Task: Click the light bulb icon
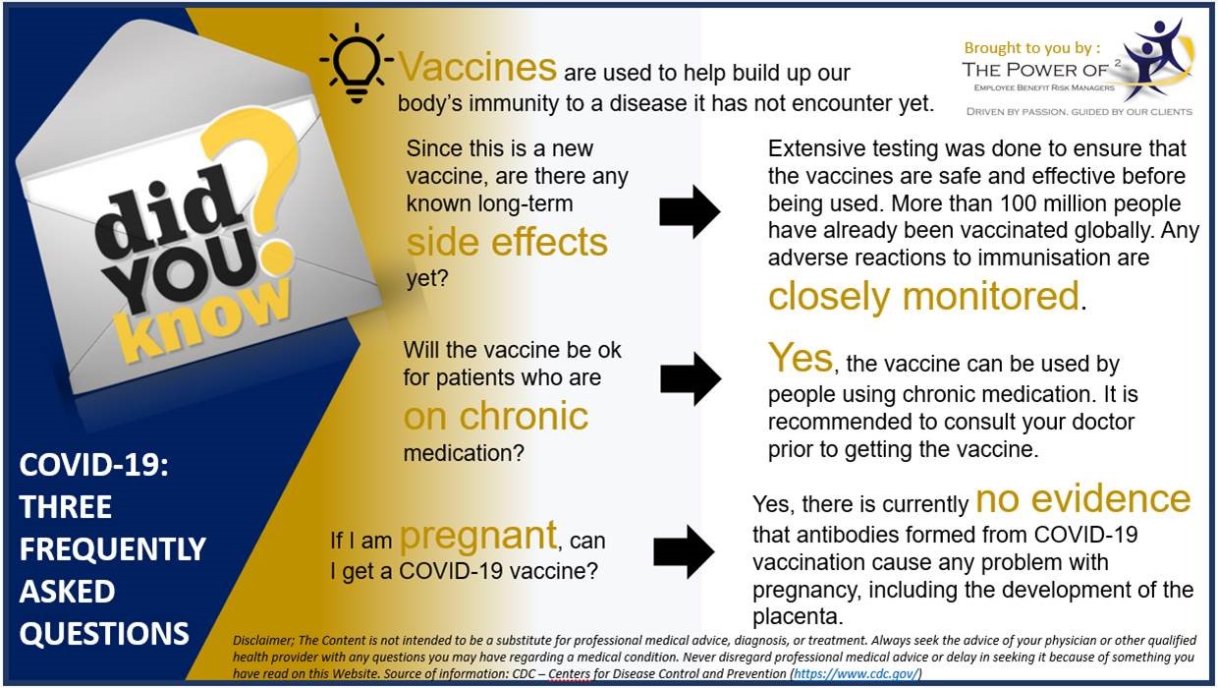pyautogui.click(x=357, y=63)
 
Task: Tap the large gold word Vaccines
pyautogui.click(x=478, y=68)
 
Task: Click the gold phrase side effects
pyautogui.click(x=507, y=242)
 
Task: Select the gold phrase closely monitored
pyautogui.click(x=923, y=297)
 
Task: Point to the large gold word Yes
pyautogui.click(x=800, y=358)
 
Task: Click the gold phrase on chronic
pyautogui.click(x=495, y=416)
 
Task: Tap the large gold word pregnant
pyautogui.click(x=478, y=537)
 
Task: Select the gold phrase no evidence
pyautogui.click(x=1083, y=499)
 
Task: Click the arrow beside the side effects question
pyautogui.click(x=690, y=211)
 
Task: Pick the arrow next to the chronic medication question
pyautogui.click(x=691, y=378)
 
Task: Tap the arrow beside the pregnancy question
pyautogui.click(x=684, y=551)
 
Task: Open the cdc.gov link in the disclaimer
pyautogui.click(x=856, y=674)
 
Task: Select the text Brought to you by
pyautogui.click(x=1027, y=48)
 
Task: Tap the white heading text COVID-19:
pyautogui.click(x=94, y=465)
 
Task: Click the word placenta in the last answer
pyautogui.click(x=798, y=617)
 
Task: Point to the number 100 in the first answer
pyautogui.click(x=1018, y=203)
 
